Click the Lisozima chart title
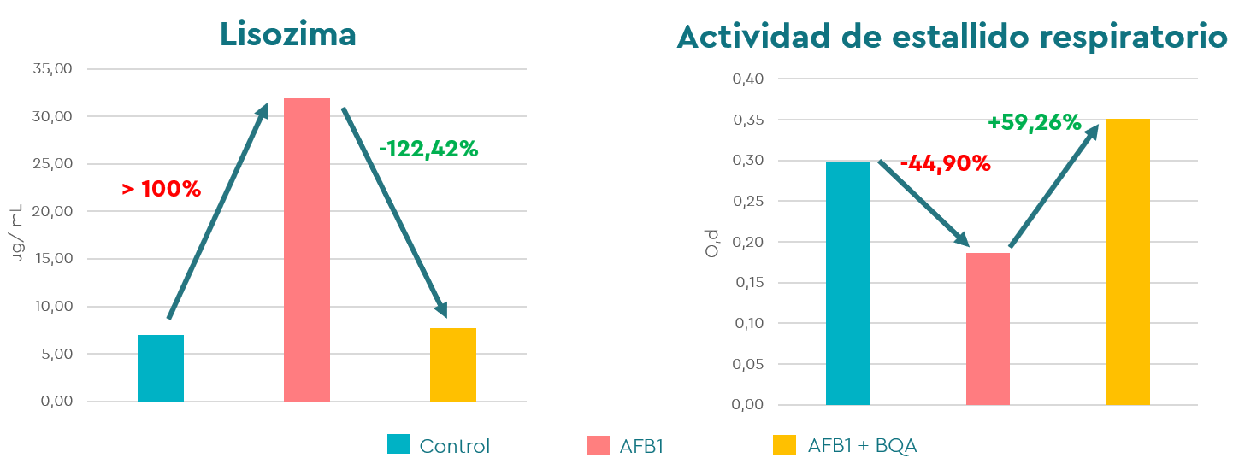(x=287, y=33)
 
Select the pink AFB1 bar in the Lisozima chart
(x=307, y=250)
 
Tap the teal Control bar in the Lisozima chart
(x=161, y=368)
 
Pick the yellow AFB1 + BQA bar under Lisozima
(x=453, y=365)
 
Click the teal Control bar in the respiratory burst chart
(x=848, y=283)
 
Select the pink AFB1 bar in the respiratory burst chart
(x=988, y=329)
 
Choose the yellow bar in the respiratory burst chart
(x=1128, y=261)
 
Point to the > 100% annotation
(x=161, y=190)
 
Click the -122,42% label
(x=428, y=149)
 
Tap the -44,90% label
(x=945, y=163)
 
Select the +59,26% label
(x=1035, y=123)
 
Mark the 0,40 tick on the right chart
(x=747, y=79)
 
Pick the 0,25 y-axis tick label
(x=747, y=202)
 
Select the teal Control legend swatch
(x=398, y=444)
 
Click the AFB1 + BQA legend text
(x=862, y=445)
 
